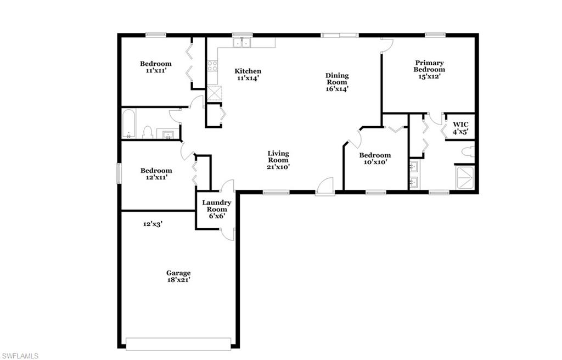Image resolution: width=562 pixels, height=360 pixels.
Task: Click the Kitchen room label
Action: point(248,71)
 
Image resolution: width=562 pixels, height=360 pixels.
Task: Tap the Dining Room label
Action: point(337,76)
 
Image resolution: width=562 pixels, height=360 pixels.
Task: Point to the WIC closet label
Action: point(460,125)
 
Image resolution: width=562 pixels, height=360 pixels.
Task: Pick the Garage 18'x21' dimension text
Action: point(178,280)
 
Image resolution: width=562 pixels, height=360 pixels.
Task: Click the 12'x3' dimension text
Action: point(153,224)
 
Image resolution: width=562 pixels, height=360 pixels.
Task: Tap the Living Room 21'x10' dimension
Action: point(278,167)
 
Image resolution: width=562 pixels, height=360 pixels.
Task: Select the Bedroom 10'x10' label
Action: point(375,155)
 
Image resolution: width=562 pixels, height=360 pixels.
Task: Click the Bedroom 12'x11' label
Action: point(156,171)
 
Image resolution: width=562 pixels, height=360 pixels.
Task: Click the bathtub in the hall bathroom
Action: point(129,124)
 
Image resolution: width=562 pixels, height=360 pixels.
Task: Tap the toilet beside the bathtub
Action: point(147,132)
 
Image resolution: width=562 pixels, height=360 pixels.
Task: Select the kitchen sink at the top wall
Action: point(241,43)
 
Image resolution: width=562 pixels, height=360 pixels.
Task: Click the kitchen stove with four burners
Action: point(212,66)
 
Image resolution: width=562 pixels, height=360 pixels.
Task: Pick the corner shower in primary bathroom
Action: point(466,177)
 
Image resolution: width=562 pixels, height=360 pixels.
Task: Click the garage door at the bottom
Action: point(178,344)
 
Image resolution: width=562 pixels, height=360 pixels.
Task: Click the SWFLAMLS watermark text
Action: point(20,356)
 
